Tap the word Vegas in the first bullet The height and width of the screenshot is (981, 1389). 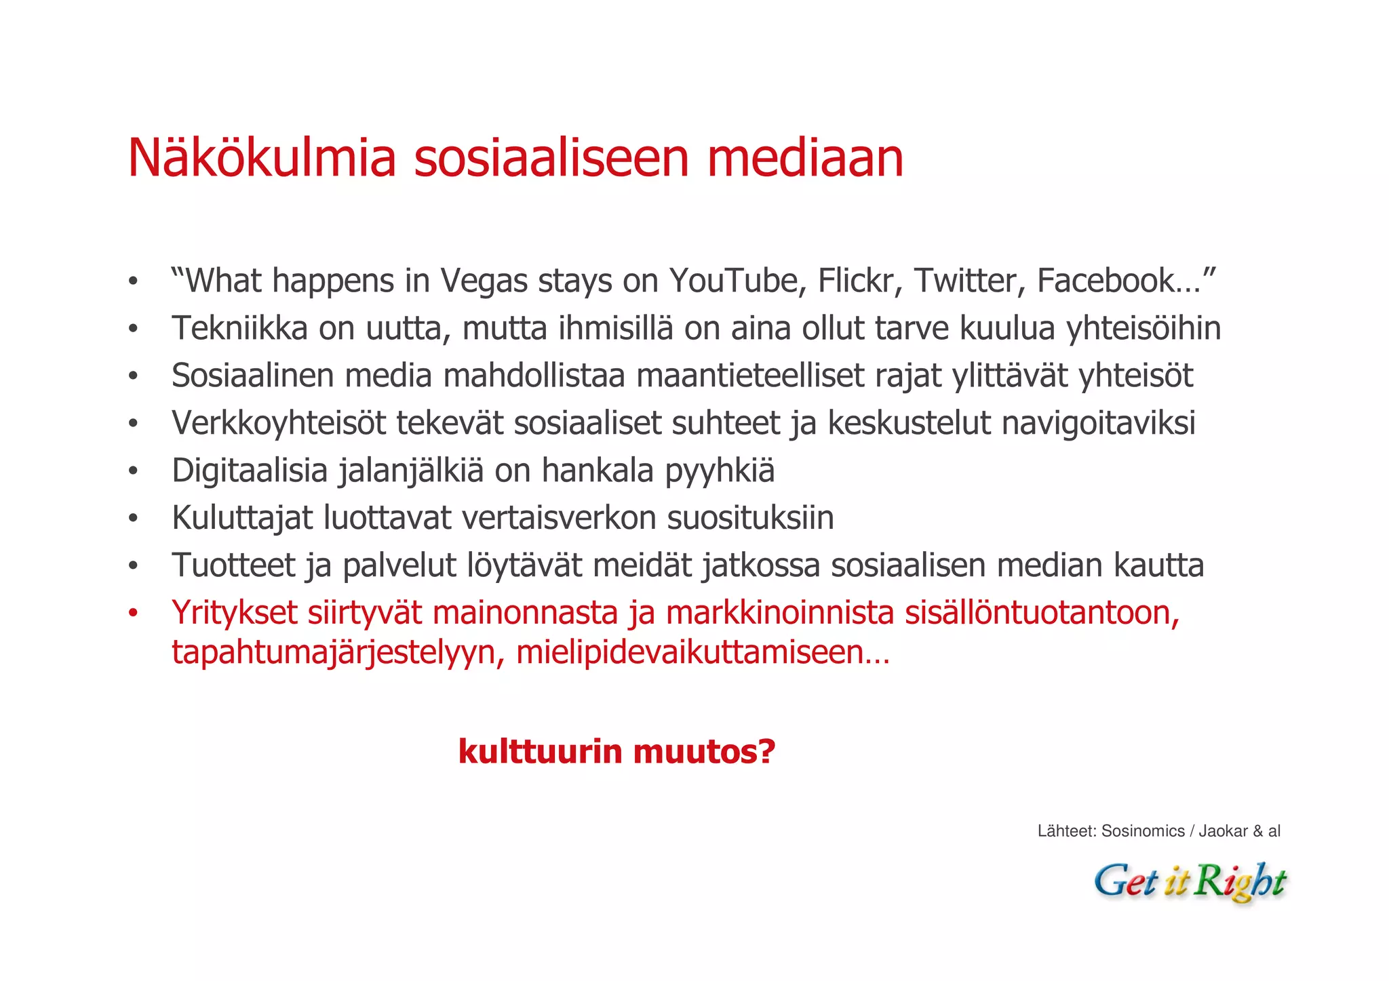point(483,281)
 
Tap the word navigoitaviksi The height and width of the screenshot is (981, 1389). point(1098,424)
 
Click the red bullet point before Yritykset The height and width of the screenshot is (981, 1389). point(133,614)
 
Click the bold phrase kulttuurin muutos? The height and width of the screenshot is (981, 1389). point(617,752)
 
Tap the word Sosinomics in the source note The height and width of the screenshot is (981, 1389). point(1143,831)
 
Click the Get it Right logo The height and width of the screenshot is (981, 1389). point(1190,881)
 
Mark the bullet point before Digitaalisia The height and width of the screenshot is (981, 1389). point(133,471)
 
